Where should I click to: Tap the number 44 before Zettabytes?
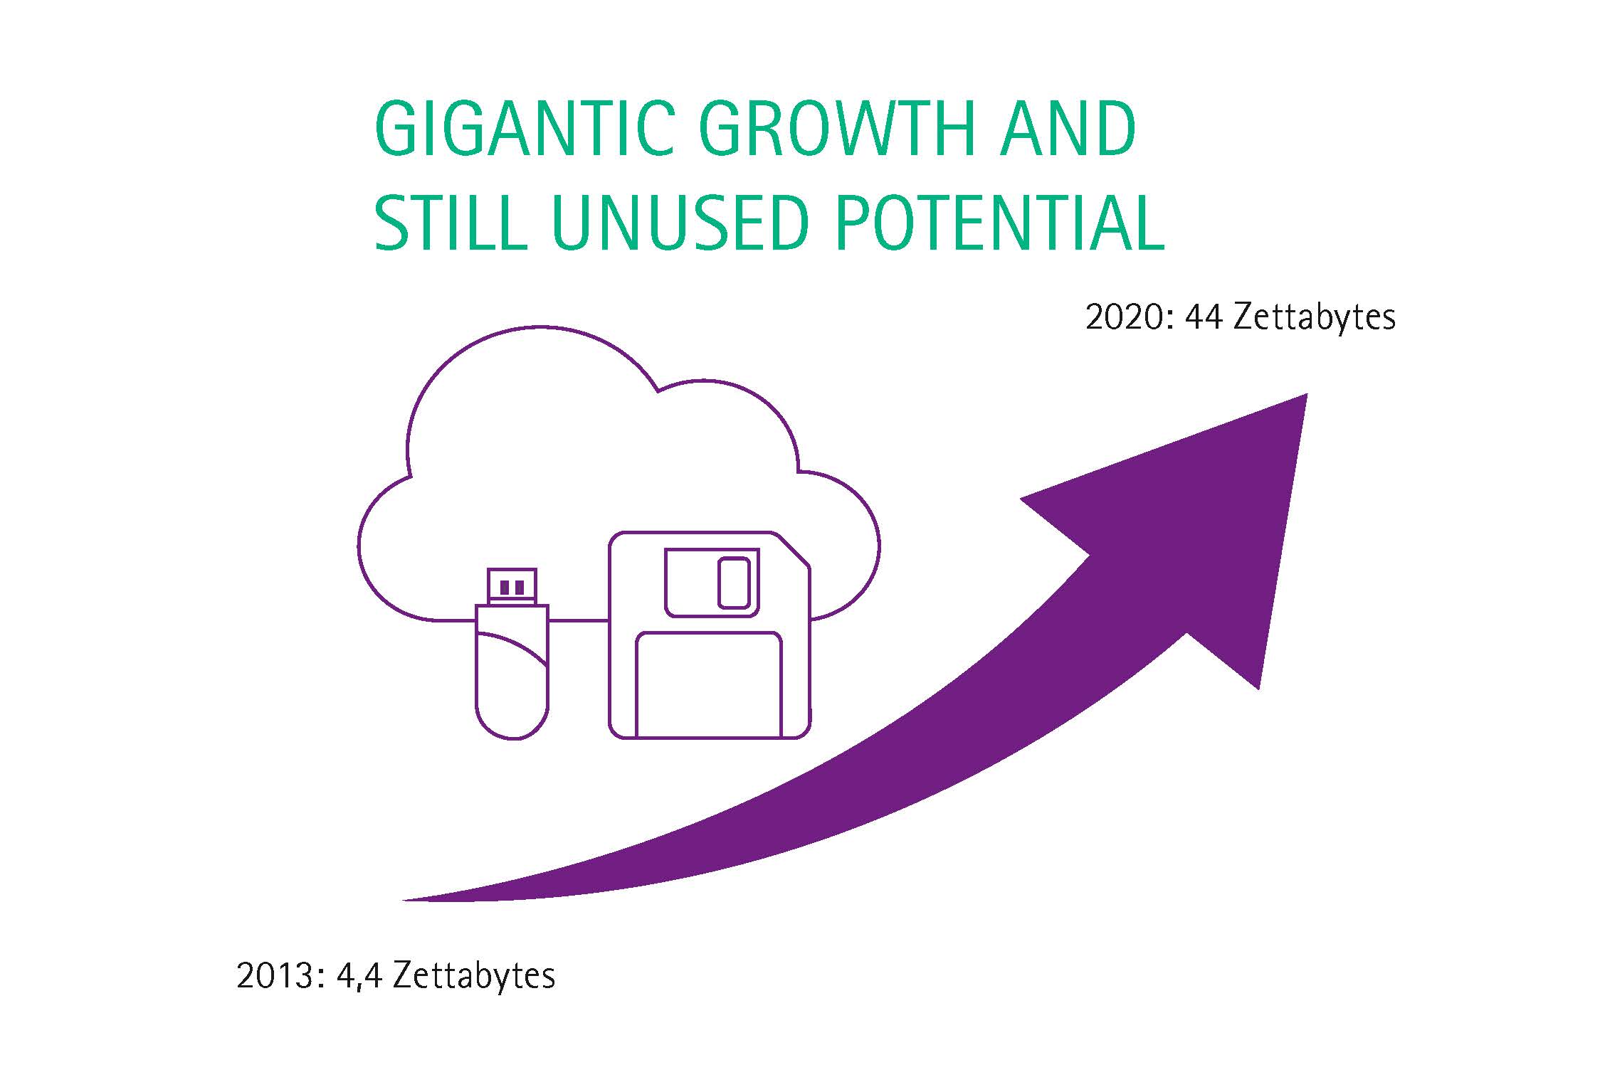(1204, 317)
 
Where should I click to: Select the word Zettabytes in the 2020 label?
(1315, 318)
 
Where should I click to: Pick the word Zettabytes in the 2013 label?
(474, 976)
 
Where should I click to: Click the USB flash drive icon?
(512, 654)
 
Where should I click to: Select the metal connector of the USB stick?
(512, 587)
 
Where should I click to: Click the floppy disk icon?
(710, 635)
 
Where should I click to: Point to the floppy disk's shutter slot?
(734, 583)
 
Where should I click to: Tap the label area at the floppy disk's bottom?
(709, 684)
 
